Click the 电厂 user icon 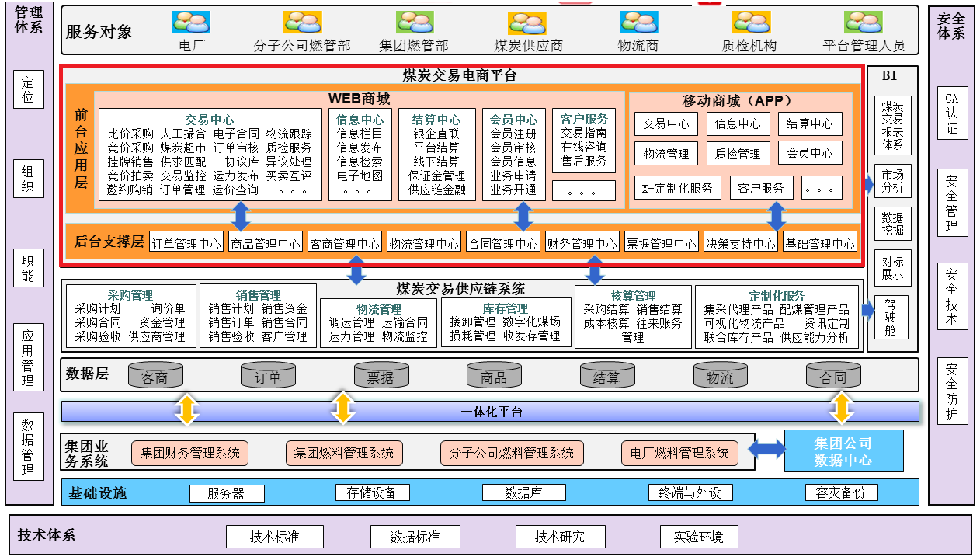(191, 23)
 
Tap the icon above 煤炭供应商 (527, 23)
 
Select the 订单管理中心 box (186, 243)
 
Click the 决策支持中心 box (740, 243)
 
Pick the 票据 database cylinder (381, 375)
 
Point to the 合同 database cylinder (833, 375)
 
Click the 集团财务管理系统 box (190, 453)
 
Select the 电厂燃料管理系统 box (679, 453)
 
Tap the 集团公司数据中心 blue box (843, 451)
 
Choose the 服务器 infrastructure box (225, 492)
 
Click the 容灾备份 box (841, 492)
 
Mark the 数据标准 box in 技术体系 (415, 537)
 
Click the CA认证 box (952, 113)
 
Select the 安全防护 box (952, 391)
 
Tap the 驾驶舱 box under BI (892, 318)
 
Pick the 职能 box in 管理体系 (28, 268)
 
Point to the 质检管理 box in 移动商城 (738, 154)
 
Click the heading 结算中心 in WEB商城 (436, 120)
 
